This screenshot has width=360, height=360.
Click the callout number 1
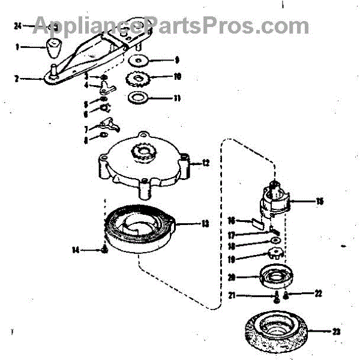coord(18,46)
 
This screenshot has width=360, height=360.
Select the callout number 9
coord(177,60)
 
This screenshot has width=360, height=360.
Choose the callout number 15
coord(320,201)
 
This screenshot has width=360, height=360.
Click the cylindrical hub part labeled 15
coord(276,201)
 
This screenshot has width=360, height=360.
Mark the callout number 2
coord(17,78)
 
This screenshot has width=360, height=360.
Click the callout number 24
coord(17,26)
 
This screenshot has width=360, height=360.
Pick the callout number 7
coord(86,129)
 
